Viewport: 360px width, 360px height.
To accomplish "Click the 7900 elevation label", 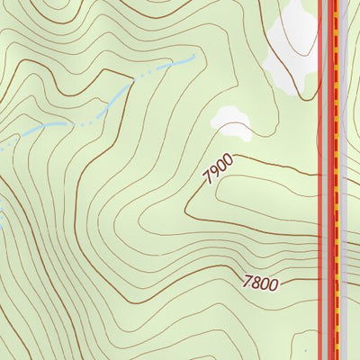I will (218, 169).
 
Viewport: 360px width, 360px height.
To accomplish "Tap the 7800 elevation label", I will (260, 283).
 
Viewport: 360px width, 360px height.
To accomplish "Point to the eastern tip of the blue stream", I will (193, 58).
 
